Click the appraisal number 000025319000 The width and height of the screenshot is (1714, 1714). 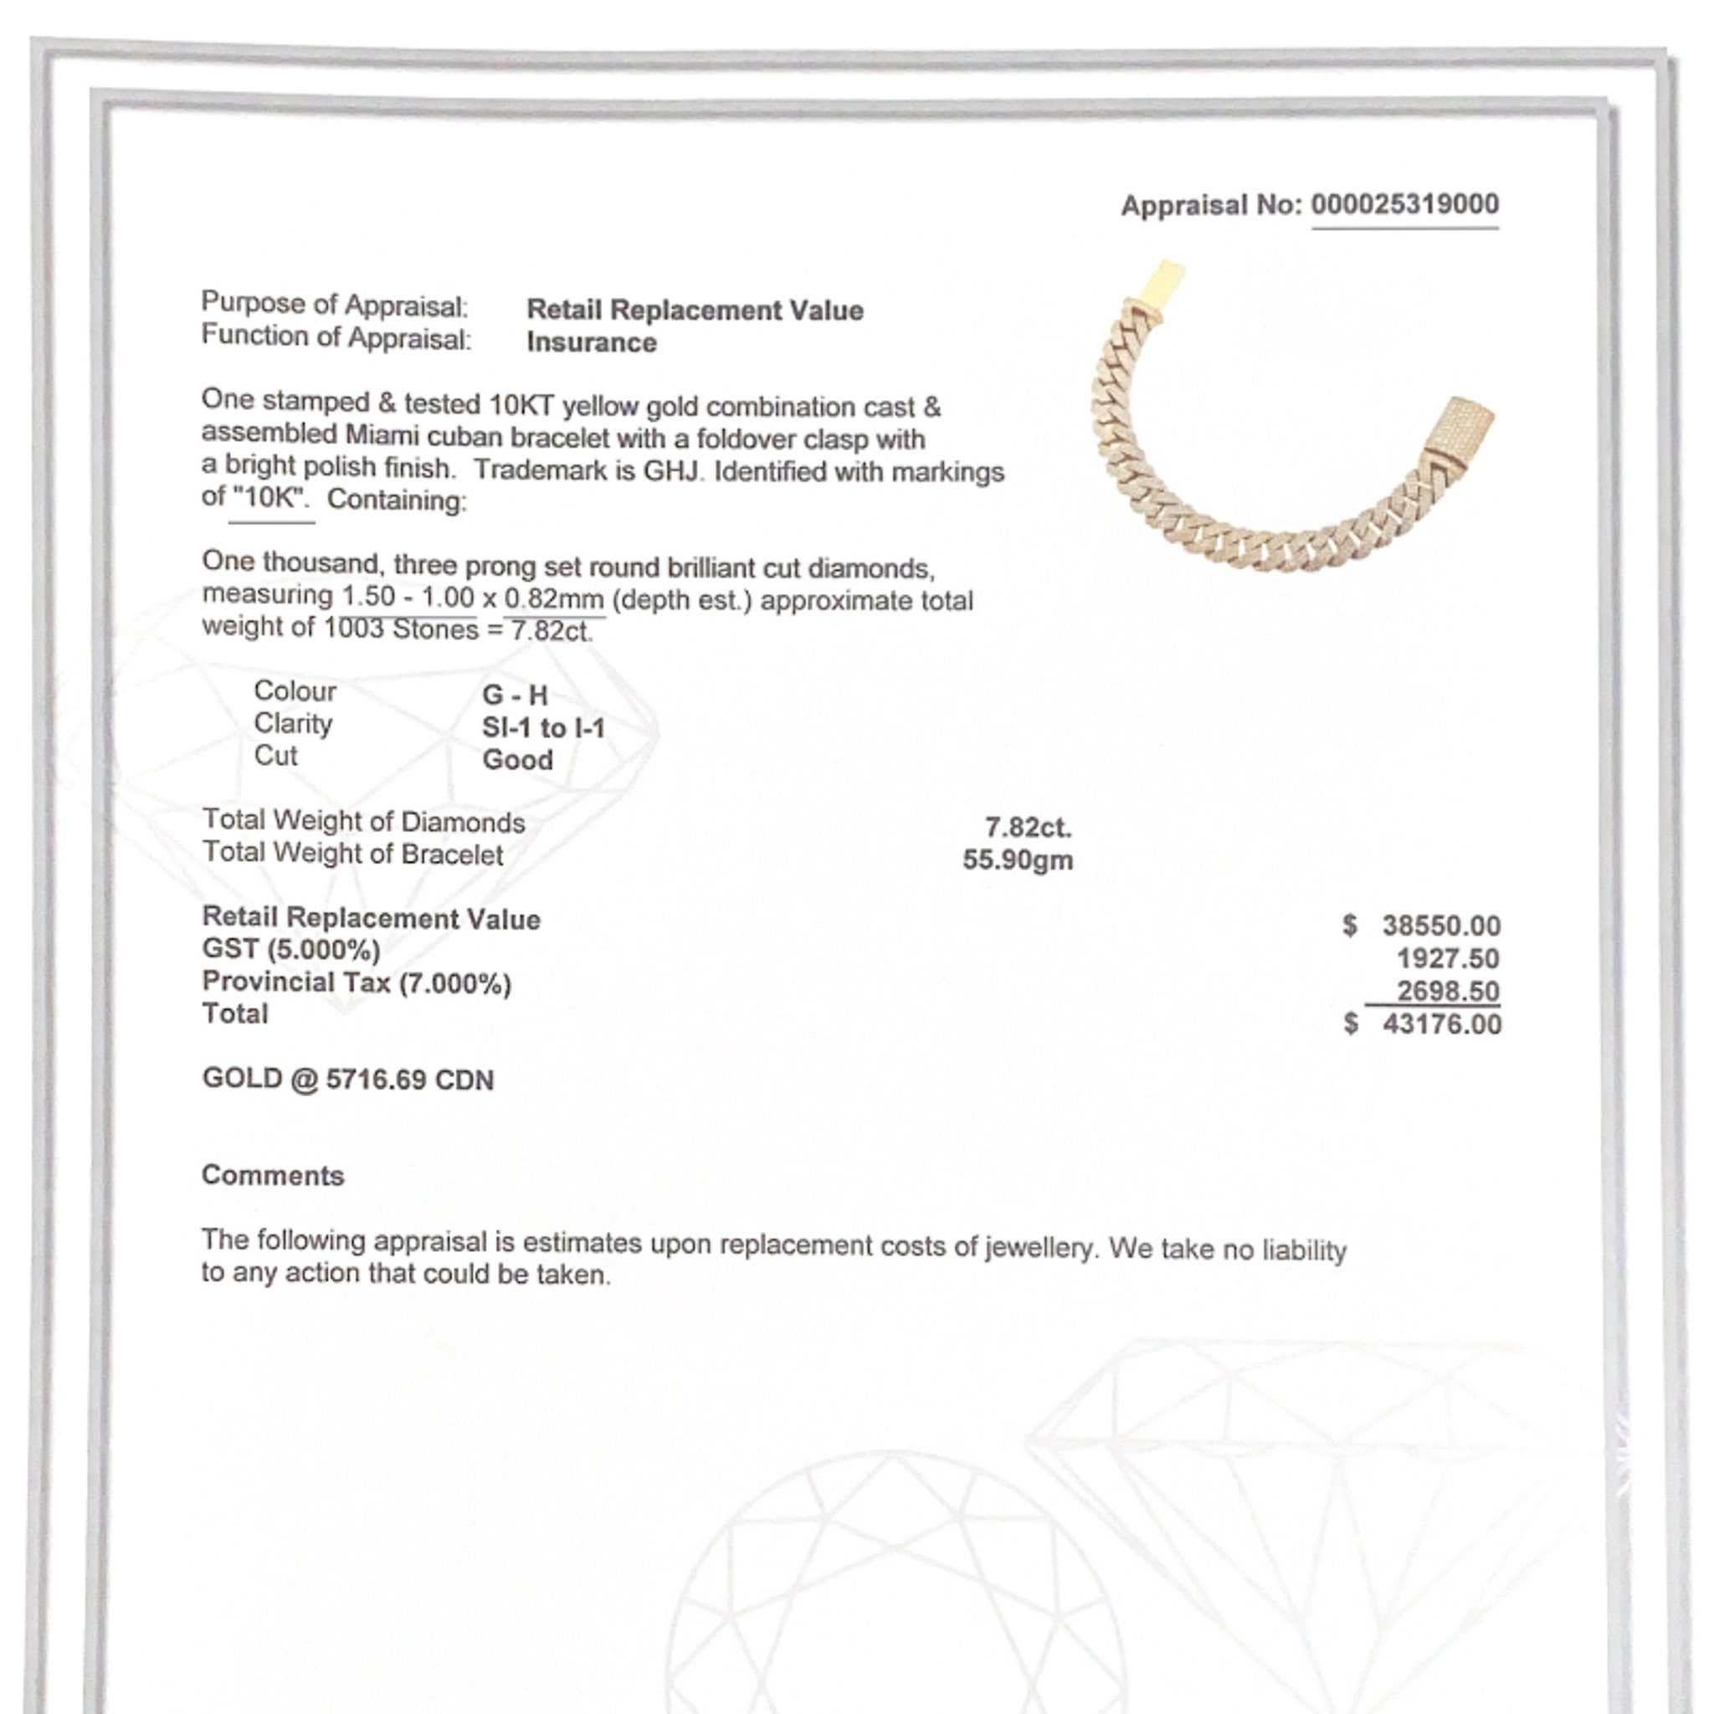coord(1404,204)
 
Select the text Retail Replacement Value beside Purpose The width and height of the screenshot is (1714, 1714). coord(695,310)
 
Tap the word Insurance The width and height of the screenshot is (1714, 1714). coord(592,342)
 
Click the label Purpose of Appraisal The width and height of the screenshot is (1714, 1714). coord(335,305)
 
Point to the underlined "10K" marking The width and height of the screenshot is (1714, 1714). coord(270,498)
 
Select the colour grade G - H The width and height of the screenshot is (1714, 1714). coord(515,695)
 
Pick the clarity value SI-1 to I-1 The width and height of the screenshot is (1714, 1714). coord(543,728)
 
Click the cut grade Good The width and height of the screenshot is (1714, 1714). coord(517,760)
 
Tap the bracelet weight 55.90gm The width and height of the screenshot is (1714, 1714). coord(1018,860)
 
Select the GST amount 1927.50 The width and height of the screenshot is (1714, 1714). coord(1448,959)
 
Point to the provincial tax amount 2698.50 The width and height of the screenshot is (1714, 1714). coord(1448,991)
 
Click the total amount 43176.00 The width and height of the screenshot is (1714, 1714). coord(1442,1024)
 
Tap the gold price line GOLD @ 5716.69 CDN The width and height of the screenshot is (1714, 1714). coord(348,1080)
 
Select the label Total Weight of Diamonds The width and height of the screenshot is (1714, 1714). coord(364,822)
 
